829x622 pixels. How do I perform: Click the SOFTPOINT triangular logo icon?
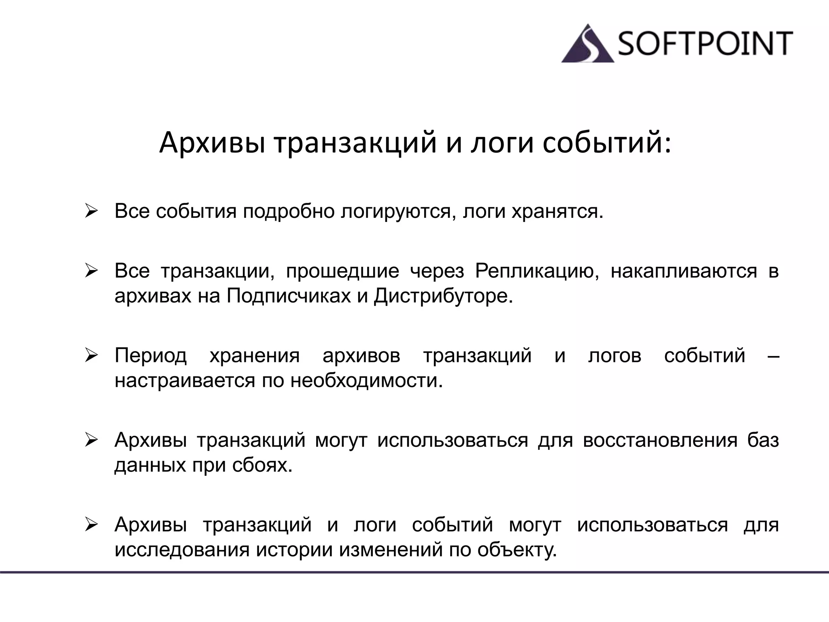pyautogui.click(x=588, y=45)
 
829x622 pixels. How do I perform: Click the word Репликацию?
pyautogui.click(x=537, y=271)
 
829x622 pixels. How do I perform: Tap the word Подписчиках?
pyautogui.click(x=289, y=296)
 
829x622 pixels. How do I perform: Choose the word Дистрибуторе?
pyautogui.click(x=443, y=296)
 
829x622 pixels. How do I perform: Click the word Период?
pyautogui.click(x=151, y=356)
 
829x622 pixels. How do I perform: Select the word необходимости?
pyautogui.click(x=367, y=381)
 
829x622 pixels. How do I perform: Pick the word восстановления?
pyautogui.click(x=660, y=440)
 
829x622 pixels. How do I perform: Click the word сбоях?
pyautogui.click(x=262, y=465)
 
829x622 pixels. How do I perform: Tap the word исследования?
pyautogui.click(x=182, y=550)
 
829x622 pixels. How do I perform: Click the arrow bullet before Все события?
pyautogui.click(x=91, y=212)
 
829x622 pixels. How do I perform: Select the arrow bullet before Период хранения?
pyautogui.click(x=91, y=356)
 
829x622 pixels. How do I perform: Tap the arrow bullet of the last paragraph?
pyautogui.click(x=91, y=525)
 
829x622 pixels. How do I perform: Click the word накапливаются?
pyautogui.click(x=684, y=271)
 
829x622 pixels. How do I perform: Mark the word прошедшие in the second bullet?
pyautogui.click(x=342, y=271)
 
